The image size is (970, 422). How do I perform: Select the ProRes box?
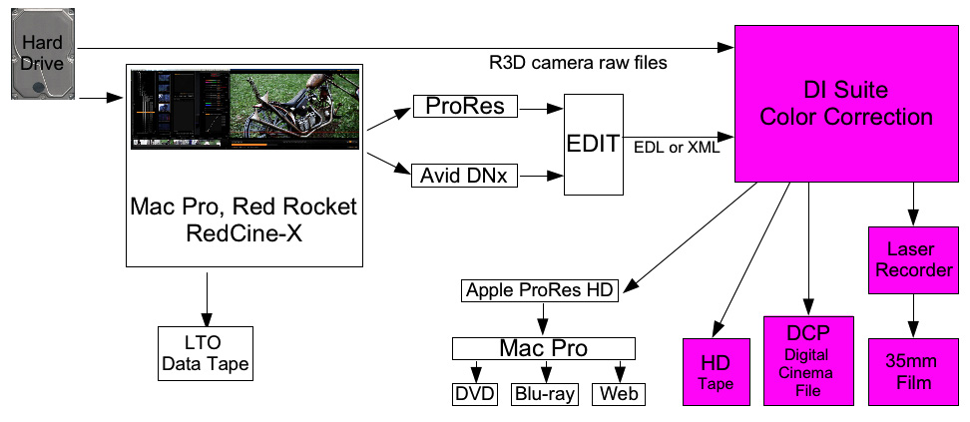pos(464,106)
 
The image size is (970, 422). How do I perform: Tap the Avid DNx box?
pos(464,177)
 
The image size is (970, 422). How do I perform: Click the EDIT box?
pos(593,143)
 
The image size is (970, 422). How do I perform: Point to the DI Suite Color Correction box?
pos(845,104)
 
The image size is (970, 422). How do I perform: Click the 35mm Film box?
pos(910,371)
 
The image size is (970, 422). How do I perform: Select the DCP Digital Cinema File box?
pos(808,360)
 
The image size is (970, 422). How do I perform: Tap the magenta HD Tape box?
pos(715,371)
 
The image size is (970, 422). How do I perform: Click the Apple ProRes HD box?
pos(541,291)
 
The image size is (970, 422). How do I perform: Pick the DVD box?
pos(475,394)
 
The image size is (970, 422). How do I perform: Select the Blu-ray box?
pos(545,394)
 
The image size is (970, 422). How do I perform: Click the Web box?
pos(617,394)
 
